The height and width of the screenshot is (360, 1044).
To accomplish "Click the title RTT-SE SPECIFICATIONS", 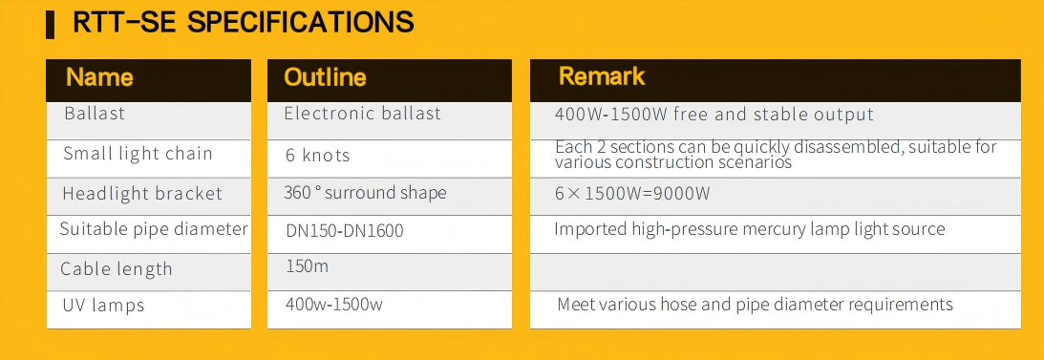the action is pos(243,22).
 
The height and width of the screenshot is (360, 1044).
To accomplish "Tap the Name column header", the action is pos(99,77).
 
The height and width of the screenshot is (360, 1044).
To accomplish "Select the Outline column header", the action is pos(325,77).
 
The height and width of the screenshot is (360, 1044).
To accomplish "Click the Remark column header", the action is pos(602,75).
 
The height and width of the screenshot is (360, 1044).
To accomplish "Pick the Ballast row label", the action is pos(95,113).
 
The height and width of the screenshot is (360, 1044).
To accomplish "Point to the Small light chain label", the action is pos(138,154).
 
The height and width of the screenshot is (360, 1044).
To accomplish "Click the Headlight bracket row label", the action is pos(142,194).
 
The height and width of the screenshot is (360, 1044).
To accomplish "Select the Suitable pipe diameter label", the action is pos(154,229).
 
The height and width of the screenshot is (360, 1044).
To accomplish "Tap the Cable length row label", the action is pos(117,269).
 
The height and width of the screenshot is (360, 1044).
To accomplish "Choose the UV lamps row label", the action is pos(103,306).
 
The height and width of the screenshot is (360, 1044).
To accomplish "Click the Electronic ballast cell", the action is pos(363,113).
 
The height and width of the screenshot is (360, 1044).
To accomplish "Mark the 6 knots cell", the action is pos(318,156).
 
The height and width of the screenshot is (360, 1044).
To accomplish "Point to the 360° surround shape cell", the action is pos(365,193).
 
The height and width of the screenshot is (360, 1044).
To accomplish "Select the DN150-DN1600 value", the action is pos(344,231).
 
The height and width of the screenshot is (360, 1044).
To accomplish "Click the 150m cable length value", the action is pos(307,266).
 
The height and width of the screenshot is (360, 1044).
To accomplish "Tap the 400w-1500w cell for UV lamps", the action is pos(334,305).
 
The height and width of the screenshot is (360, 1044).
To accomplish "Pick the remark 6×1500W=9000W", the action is pos(632,194).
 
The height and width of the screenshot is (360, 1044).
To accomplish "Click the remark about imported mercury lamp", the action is pos(750,229).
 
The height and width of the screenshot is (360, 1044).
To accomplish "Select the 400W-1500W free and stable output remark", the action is pos(714,115).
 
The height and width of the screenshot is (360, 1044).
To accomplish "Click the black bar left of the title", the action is pos(50,25).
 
